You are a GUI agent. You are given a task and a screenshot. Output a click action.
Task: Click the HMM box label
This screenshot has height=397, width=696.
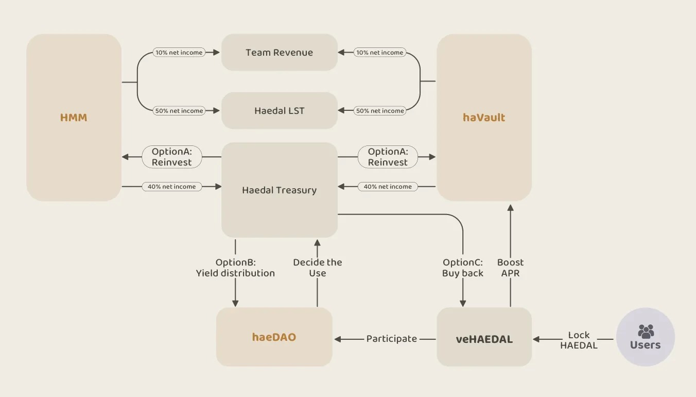pyautogui.click(x=74, y=118)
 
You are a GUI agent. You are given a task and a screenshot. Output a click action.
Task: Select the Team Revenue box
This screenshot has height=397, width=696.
pyautogui.click(x=279, y=53)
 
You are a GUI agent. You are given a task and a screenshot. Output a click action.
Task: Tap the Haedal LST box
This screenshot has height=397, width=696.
pyautogui.click(x=279, y=111)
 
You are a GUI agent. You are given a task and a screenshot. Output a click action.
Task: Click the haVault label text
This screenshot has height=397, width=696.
pyautogui.click(x=484, y=118)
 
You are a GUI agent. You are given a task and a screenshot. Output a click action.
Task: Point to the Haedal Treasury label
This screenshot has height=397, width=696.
pyautogui.click(x=279, y=190)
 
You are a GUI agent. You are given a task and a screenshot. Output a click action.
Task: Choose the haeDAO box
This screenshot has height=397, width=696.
pyautogui.click(x=274, y=338)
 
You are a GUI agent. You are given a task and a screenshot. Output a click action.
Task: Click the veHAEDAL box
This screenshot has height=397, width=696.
pyautogui.click(x=484, y=339)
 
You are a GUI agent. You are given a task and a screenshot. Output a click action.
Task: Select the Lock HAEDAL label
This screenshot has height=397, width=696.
pyautogui.click(x=579, y=340)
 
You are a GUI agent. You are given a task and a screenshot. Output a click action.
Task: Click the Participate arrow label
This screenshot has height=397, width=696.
pyautogui.click(x=391, y=339)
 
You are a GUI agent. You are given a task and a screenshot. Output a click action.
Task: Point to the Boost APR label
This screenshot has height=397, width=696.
pyautogui.click(x=510, y=268)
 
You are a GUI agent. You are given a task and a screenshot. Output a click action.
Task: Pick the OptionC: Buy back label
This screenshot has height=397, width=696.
pyautogui.click(x=462, y=268)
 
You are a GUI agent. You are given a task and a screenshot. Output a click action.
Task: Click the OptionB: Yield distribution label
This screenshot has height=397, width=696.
pyautogui.click(x=235, y=268)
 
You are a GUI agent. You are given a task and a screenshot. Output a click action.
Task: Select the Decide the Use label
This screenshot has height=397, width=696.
pyautogui.click(x=317, y=268)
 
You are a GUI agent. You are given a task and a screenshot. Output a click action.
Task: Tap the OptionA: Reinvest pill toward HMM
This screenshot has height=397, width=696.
pyautogui.click(x=171, y=157)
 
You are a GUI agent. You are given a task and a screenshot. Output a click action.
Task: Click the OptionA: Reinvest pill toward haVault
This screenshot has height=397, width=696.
pyautogui.click(x=388, y=157)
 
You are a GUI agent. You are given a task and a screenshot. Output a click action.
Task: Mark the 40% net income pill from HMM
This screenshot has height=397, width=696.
pyautogui.click(x=171, y=187)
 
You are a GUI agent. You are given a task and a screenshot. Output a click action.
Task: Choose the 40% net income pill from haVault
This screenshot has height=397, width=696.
pyautogui.click(x=388, y=187)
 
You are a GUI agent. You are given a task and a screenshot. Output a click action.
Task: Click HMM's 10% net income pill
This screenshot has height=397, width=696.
pyautogui.click(x=179, y=53)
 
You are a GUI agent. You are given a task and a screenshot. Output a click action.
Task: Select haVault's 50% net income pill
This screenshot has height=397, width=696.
pyautogui.click(x=379, y=111)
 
